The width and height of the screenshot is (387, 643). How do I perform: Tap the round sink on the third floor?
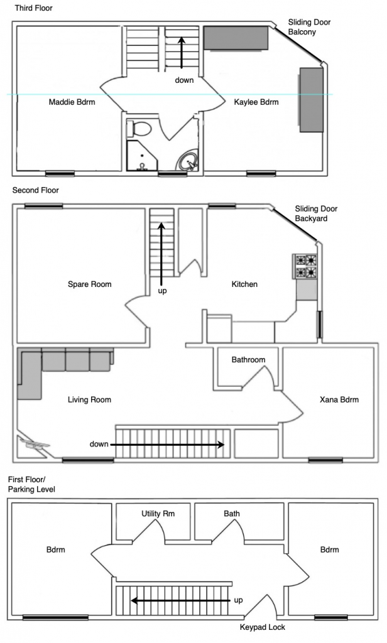click(188, 161)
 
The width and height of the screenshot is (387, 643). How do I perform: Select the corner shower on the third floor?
click(141, 156)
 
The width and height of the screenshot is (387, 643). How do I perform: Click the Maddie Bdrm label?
click(72, 102)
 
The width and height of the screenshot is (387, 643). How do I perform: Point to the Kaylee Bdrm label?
click(256, 102)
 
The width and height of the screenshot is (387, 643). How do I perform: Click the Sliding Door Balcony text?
click(309, 27)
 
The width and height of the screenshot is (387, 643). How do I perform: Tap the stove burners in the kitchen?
click(305, 266)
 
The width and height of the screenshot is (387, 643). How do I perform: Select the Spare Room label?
click(89, 284)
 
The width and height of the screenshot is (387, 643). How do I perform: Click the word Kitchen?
click(244, 284)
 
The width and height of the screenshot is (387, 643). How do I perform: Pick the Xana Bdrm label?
click(339, 399)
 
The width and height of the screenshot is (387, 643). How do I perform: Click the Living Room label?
click(89, 400)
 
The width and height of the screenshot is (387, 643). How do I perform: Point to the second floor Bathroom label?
click(248, 360)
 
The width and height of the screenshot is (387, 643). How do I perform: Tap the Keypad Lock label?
click(262, 627)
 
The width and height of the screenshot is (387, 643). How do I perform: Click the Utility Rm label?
click(158, 514)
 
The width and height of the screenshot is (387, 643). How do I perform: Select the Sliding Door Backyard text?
click(316, 213)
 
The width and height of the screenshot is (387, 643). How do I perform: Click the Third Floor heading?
click(34, 8)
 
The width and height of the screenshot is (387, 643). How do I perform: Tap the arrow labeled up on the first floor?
click(181, 601)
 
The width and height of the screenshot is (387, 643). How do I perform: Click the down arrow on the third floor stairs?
click(181, 53)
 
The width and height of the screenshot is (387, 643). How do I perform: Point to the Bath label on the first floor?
click(231, 514)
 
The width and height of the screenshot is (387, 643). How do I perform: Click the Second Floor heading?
click(35, 190)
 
